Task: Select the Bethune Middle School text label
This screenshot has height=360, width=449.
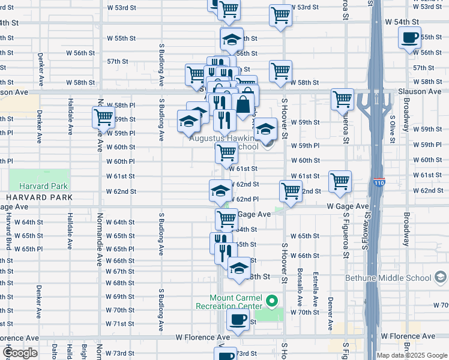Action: [x=388, y=278]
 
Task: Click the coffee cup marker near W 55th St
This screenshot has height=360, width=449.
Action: [x=410, y=37]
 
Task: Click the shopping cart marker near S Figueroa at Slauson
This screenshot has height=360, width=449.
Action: [x=342, y=98]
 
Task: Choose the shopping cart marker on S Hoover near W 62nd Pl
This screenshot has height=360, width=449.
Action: [x=291, y=191]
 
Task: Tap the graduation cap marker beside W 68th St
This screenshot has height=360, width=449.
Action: [x=239, y=268]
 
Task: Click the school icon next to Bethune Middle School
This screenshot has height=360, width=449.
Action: [x=441, y=278]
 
